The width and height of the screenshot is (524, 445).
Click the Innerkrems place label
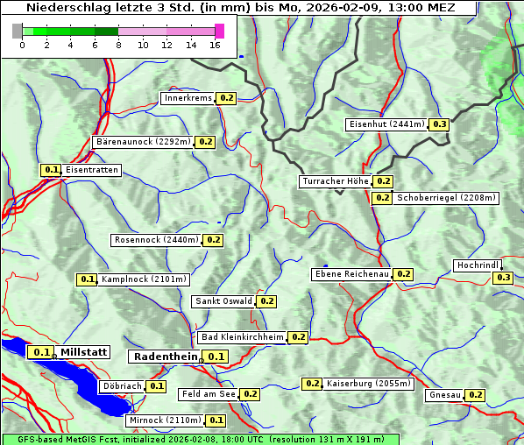point(188,98)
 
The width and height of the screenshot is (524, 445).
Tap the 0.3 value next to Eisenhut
point(439,124)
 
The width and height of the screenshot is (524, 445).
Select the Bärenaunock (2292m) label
point(142,141)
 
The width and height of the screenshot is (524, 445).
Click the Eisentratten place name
point(91,170)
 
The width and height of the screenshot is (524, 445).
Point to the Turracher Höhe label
point(334,181)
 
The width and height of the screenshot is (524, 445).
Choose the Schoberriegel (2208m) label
point(447,198)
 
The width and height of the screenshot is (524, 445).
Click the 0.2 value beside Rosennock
point(213,240)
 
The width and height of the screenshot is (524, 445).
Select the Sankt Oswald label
point(223,301)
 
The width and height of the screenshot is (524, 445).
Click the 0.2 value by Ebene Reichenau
point(403,274)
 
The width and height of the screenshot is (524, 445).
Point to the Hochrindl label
point(478,265)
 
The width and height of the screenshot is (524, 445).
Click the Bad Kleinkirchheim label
point(242,337)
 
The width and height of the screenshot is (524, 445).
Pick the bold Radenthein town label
point(165,357)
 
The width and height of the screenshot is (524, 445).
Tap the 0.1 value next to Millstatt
point(41,352)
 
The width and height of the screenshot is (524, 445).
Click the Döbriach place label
point(121,385)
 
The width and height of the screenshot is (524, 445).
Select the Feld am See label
point(209,394)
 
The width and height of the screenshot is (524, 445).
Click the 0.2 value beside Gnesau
point(475,395)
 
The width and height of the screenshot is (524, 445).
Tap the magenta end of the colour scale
point(219,31)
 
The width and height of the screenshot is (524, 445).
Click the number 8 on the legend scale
point(118,46)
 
